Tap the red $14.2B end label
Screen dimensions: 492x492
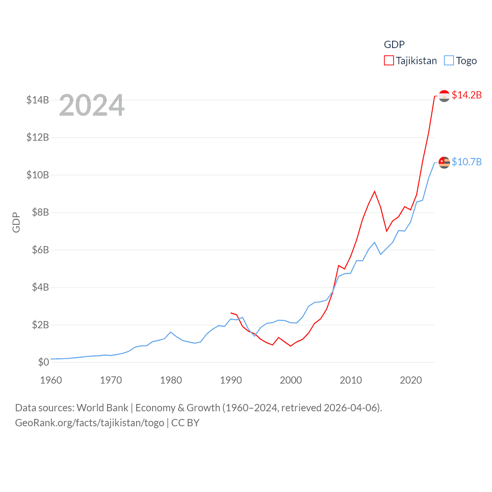[x=467, y=95]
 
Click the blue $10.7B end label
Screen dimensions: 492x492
[x=467, y=162]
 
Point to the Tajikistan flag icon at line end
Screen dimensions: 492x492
[x=444, y=96]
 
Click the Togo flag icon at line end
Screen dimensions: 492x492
[x=444, y=163]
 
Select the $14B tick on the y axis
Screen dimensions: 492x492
[x=38, y=100]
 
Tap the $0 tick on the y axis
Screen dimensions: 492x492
[x=43, y=362]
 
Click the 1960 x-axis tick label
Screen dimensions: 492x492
[x=51, y=380]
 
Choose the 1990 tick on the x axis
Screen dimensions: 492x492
[x=231, y=380]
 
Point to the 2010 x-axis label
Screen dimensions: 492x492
[x=351, y=380]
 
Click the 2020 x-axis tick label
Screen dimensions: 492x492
[x=411, y=380]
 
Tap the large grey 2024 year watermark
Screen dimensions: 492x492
[x=92, y=105]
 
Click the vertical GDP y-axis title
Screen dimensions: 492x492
[x=16, y=222]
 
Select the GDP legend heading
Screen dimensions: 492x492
[x=394, y=45]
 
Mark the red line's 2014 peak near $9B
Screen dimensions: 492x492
[x=374, y=191]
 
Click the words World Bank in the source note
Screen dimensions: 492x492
[x=103, y=407]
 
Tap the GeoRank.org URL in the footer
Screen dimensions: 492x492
[x=90, y=423]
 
